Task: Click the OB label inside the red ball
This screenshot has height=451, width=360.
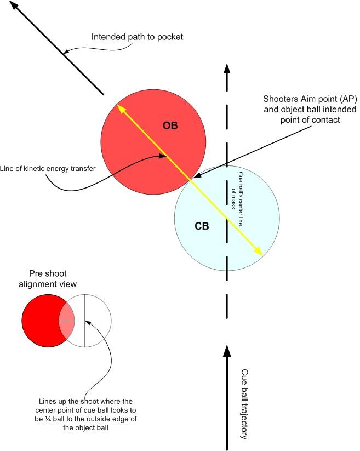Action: click(x=170, y=126)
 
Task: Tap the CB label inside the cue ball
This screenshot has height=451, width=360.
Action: click(x=202, y=225)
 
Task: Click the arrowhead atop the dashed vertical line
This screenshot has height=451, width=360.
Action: click(x=226, y=67)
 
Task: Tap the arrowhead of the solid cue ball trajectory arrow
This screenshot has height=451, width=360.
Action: click(x=226, y=347)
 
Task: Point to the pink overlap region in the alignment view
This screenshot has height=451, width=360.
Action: click(x=66, y=320)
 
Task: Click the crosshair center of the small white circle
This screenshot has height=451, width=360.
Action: click(x=85, y=320)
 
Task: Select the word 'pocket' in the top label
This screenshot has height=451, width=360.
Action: click(x=167, y=37)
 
